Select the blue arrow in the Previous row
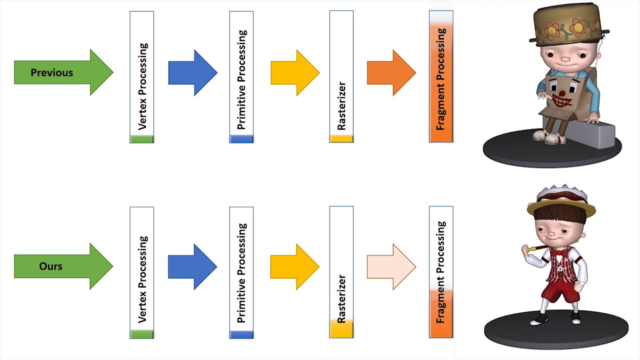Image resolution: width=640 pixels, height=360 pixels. coord(192,72)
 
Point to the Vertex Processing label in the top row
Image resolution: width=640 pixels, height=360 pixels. coord(142,86)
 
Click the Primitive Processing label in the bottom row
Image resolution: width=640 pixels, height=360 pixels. coord(242,273)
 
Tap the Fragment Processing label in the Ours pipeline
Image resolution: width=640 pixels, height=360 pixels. coord(441,272)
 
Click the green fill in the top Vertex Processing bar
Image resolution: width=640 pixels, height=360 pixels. coord(142,139)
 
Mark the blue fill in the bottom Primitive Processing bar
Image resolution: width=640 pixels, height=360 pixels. coord(241,334)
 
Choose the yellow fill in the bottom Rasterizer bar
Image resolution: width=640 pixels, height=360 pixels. coord(341,328)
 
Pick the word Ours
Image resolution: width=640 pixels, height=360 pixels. coord(51,266)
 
